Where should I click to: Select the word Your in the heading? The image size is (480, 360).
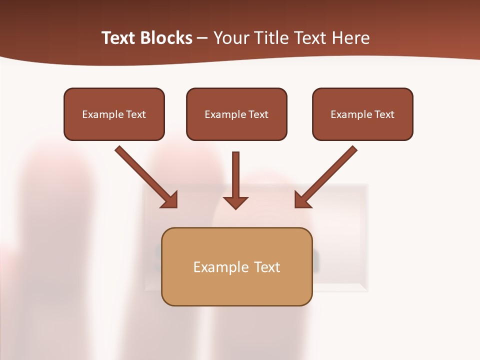[x=231, y=38]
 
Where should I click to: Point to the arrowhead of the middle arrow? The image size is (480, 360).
[x=235, y=202]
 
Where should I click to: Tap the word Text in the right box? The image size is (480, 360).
[x=384, y=114]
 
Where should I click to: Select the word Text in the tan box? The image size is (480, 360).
[x=267, y=267]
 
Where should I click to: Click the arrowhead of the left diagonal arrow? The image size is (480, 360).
[x=170, y=200]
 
